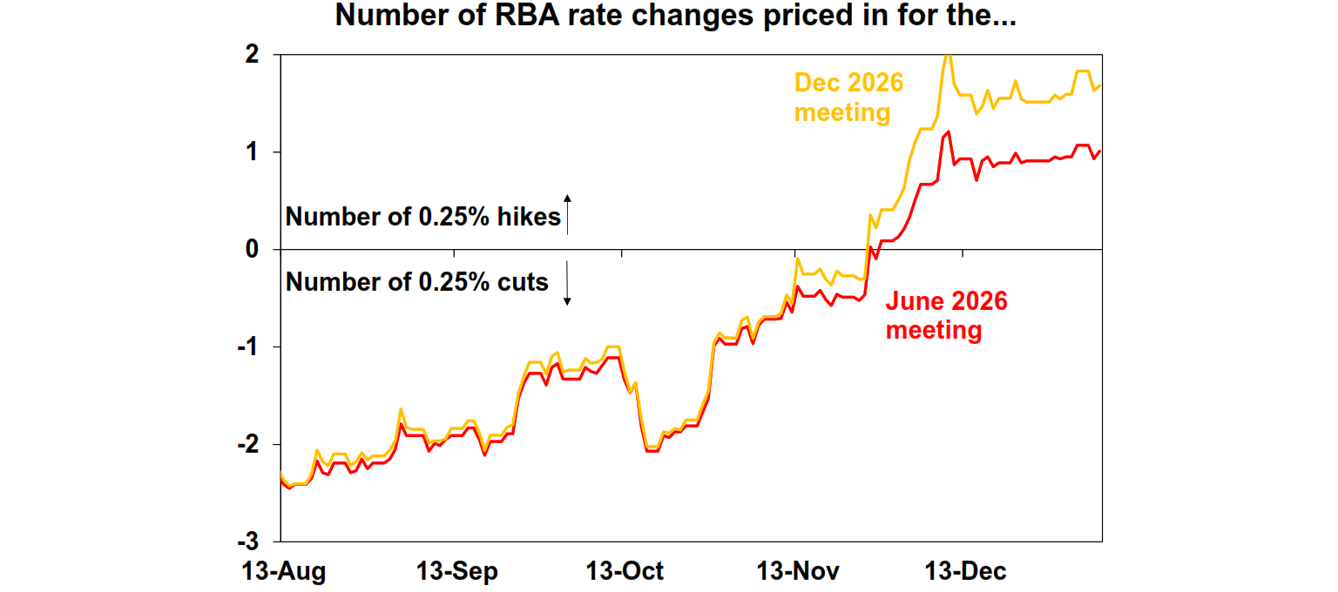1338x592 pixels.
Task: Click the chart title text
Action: click(675, 17)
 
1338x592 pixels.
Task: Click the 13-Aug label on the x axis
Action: click(282, 572)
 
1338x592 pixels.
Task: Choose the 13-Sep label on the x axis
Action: click(458, 572)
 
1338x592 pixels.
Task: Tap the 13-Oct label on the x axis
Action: click(625, 572)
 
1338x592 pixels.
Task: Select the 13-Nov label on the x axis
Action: click(798, 572)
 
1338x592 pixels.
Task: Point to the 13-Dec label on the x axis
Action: click(965, 572)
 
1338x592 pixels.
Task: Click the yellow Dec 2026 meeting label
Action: click(848, 98)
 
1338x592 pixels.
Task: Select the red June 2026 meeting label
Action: click(946, 316)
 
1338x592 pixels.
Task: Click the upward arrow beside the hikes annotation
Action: click(567, 214)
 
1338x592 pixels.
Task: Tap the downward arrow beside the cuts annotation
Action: click(567, 283)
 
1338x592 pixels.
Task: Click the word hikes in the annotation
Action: click(528, 217)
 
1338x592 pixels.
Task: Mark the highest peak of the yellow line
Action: click(948, 55)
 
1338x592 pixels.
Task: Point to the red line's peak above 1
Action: click(948, 132)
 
